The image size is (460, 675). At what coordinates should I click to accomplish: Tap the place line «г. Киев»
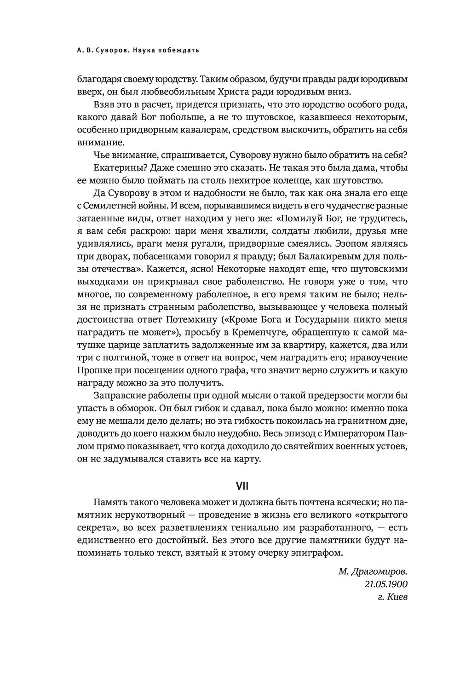click(392, 597)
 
